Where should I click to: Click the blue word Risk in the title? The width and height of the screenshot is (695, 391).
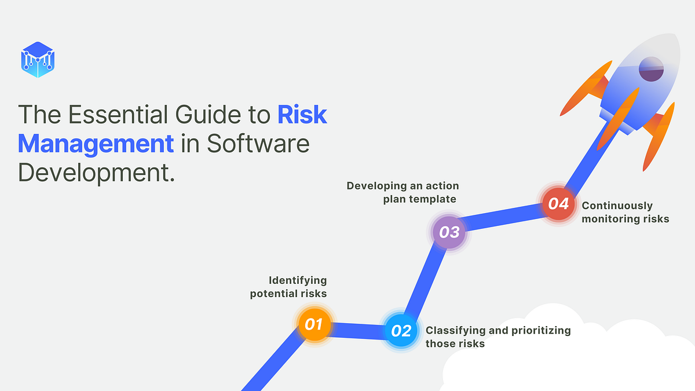(x=302, y=115)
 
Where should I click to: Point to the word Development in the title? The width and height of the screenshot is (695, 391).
(x=96, y=172)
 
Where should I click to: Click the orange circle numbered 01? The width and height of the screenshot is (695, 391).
(x=313, y=324)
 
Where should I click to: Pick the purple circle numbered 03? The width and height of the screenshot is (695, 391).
(x=449, y=232)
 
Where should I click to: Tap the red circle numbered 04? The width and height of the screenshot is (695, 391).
(x=558, y=204)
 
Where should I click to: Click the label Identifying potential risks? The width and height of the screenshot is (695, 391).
(x=288, y=287)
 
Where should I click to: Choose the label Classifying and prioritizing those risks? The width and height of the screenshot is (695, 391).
(x=498, y=337)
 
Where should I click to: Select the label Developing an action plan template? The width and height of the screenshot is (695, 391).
(x=403, y=192)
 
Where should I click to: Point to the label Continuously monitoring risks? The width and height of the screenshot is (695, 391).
(x=625, y=212)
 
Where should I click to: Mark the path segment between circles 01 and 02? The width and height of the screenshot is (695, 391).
(x=357, y=328)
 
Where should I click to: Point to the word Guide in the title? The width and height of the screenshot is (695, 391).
(x=209, y=115)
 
